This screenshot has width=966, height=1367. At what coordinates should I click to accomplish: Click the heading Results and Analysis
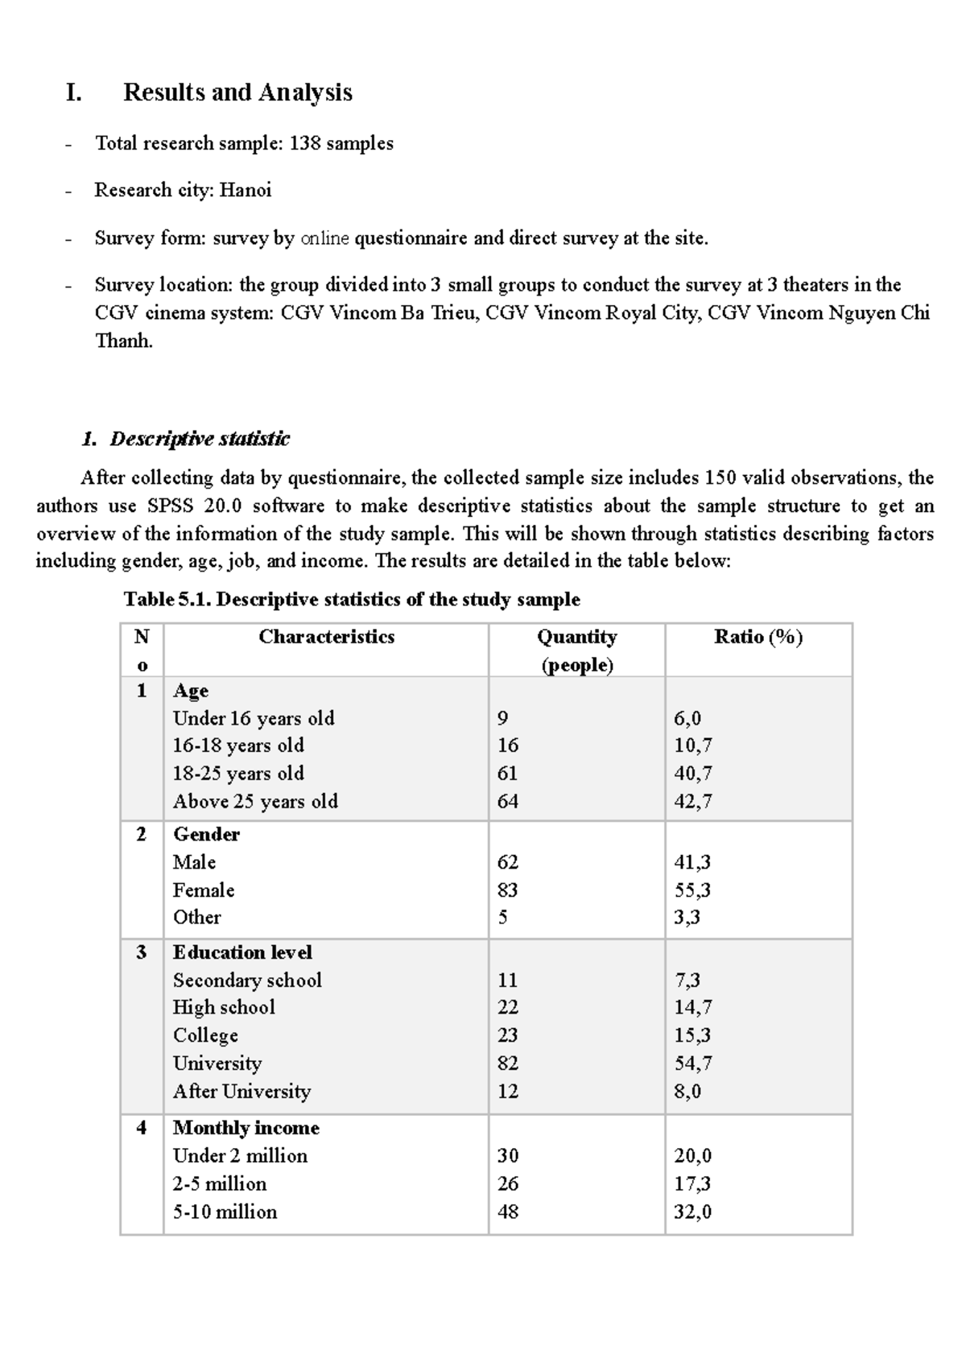click(237, 93)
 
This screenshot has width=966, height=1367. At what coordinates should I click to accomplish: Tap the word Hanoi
click(246, 190)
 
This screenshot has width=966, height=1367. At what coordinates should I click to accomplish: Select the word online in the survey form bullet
click(324, 238)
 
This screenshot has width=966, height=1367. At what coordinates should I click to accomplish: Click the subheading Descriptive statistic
click(199, 439)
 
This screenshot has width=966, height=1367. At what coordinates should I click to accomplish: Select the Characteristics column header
click(326, 637)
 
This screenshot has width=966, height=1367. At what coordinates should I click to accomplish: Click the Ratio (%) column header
click(758, 637)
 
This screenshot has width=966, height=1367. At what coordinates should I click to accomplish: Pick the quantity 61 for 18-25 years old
click(507, 774)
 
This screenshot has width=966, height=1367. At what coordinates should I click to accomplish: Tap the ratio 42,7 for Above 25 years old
click(692, 802)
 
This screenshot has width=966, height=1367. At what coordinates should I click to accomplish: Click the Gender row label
click(206, 834)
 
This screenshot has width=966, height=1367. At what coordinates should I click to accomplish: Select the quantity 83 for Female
click(507, 890)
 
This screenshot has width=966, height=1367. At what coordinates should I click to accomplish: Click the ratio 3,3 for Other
click(687, 918)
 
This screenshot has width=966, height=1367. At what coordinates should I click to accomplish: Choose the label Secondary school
click(247, 981)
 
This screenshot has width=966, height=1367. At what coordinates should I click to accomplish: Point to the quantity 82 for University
click(507, 1063)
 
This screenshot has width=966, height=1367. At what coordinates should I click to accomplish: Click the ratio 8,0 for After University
click(687, 1092)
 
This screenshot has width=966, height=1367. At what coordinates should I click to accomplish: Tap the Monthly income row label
click(246, 1128)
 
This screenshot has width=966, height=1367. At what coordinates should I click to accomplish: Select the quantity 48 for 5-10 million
click(507, 1212)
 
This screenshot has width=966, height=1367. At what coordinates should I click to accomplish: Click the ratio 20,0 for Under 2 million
click(692, 1156)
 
